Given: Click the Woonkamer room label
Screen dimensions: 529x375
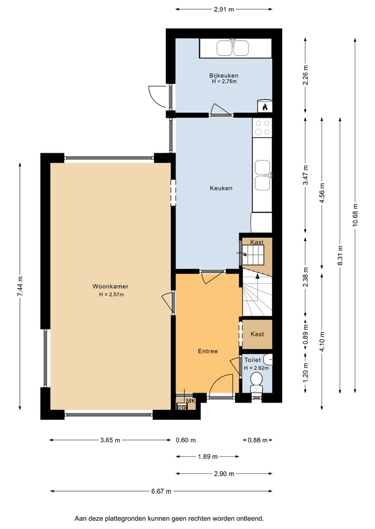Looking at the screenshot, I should click(110, 286).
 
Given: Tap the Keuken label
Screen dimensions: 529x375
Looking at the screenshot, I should click(221, 188).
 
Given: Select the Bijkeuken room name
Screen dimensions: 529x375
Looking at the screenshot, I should click(223, 75).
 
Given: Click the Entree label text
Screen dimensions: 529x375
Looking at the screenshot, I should click(207, 351).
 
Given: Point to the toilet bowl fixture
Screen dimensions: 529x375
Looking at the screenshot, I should click(256, 381).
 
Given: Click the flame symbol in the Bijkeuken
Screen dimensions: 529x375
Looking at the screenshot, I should click(265, 107).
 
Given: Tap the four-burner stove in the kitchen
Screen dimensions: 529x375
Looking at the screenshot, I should click(262, 128).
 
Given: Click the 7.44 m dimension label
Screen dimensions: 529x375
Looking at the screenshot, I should click(20, 286).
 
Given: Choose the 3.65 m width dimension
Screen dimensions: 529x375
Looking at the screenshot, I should click(110, 440).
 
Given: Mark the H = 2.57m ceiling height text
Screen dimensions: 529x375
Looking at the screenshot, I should click(111, 294).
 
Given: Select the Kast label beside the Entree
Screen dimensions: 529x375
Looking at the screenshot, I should click(257, 334).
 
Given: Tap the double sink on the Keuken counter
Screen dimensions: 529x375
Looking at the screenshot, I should click(262, 175).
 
